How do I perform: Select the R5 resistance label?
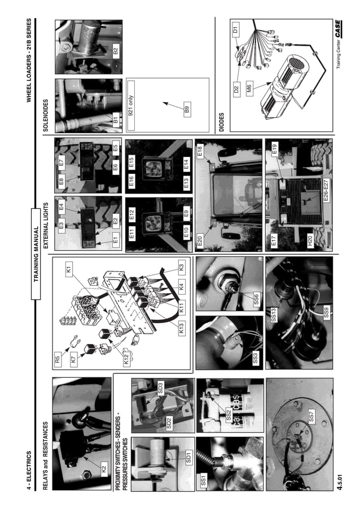pos(58,358)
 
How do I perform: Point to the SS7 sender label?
pos(312,419)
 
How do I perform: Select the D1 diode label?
pos(235,27)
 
